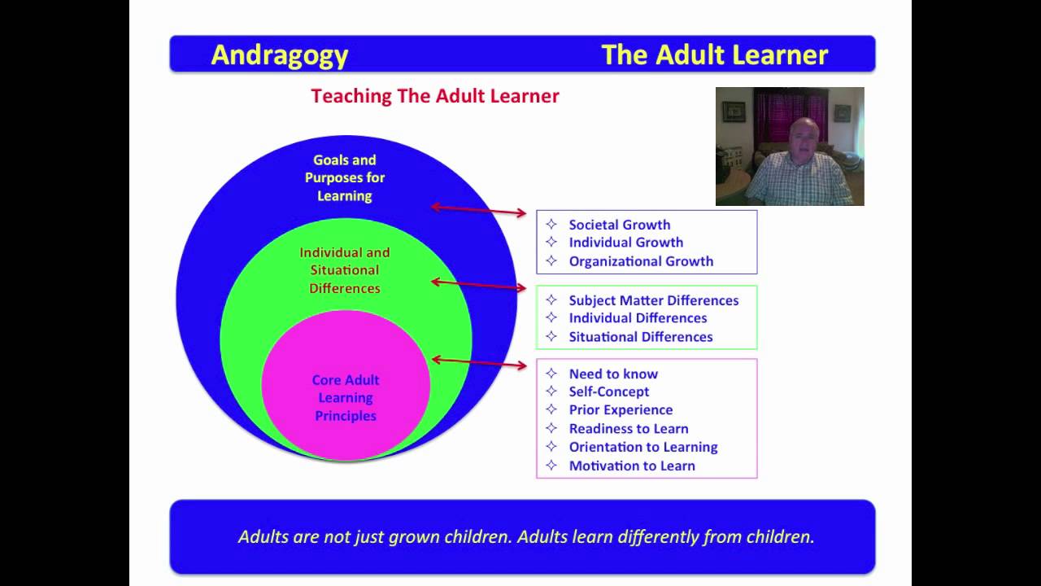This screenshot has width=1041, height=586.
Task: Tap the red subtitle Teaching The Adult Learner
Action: click(x=435, y=96)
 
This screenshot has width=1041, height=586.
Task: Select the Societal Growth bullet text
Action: click(x=620, y=225)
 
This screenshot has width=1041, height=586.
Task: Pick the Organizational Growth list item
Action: click(x=641, y=261)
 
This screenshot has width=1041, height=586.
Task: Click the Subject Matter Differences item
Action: click(x=653, y=300)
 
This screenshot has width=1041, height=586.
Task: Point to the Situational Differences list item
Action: click(x=640, y=337)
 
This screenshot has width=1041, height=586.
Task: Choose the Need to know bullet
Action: click(x=613, y=374)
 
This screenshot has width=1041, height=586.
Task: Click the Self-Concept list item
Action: click(x=609, y=391)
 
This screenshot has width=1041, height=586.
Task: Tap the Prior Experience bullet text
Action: click(x=621, y=409)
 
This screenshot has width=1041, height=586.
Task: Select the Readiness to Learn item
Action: click(x=629, y=428)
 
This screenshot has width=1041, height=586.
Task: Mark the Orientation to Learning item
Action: click(x=643, y=447)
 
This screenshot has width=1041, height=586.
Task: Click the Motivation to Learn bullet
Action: click(x=632, y=466)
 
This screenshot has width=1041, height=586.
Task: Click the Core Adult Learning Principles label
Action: click(x=346, y=398)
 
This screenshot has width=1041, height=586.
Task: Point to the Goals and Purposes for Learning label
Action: click(x=344, y=177)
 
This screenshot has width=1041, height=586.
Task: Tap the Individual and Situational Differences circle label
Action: click(x=344, y=270)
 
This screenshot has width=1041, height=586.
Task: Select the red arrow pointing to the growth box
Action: click(x=479, y=210)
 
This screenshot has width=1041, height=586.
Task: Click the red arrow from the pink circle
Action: click(x=479, y=363)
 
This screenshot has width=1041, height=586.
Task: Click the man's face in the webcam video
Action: click(x=804, y=138)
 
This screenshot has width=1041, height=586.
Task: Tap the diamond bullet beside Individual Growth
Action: click(x=551, y=242)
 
